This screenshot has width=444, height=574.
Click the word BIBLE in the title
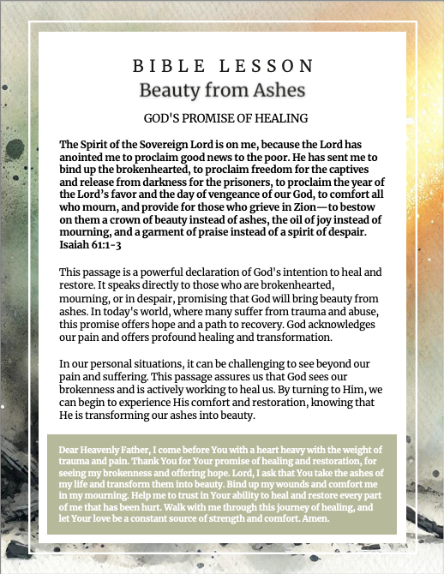click(x=161, y=65)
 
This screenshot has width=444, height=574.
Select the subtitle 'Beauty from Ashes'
click(x=222, y=89)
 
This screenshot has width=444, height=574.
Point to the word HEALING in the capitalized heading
click(x=279, y=118)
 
